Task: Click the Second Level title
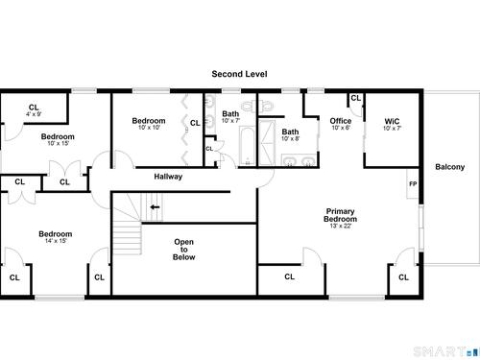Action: coord(239,74)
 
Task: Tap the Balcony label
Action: coord(449,167)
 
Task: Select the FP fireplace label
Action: coord(413,184)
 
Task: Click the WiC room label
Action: coord(392,121)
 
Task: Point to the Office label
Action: coord(341,121)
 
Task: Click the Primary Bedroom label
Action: coord(340,215)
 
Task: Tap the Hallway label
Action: coord(168,177)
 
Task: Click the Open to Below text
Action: coord(183,250)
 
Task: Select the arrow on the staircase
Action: coord(155,207)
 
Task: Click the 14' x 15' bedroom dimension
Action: coord(56,241)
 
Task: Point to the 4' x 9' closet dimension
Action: coord(34,114)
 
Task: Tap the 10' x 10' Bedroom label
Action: coord(149,121)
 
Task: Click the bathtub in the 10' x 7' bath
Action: coord(247,146)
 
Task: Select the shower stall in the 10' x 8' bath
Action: coord(267,143)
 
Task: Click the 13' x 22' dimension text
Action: coord(341,226)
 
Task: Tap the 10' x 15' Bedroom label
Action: coord(58,136)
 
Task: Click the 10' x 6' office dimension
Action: coord(341,128)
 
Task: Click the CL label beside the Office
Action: coord(355,98)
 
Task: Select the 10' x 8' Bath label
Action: coord(290,132)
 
